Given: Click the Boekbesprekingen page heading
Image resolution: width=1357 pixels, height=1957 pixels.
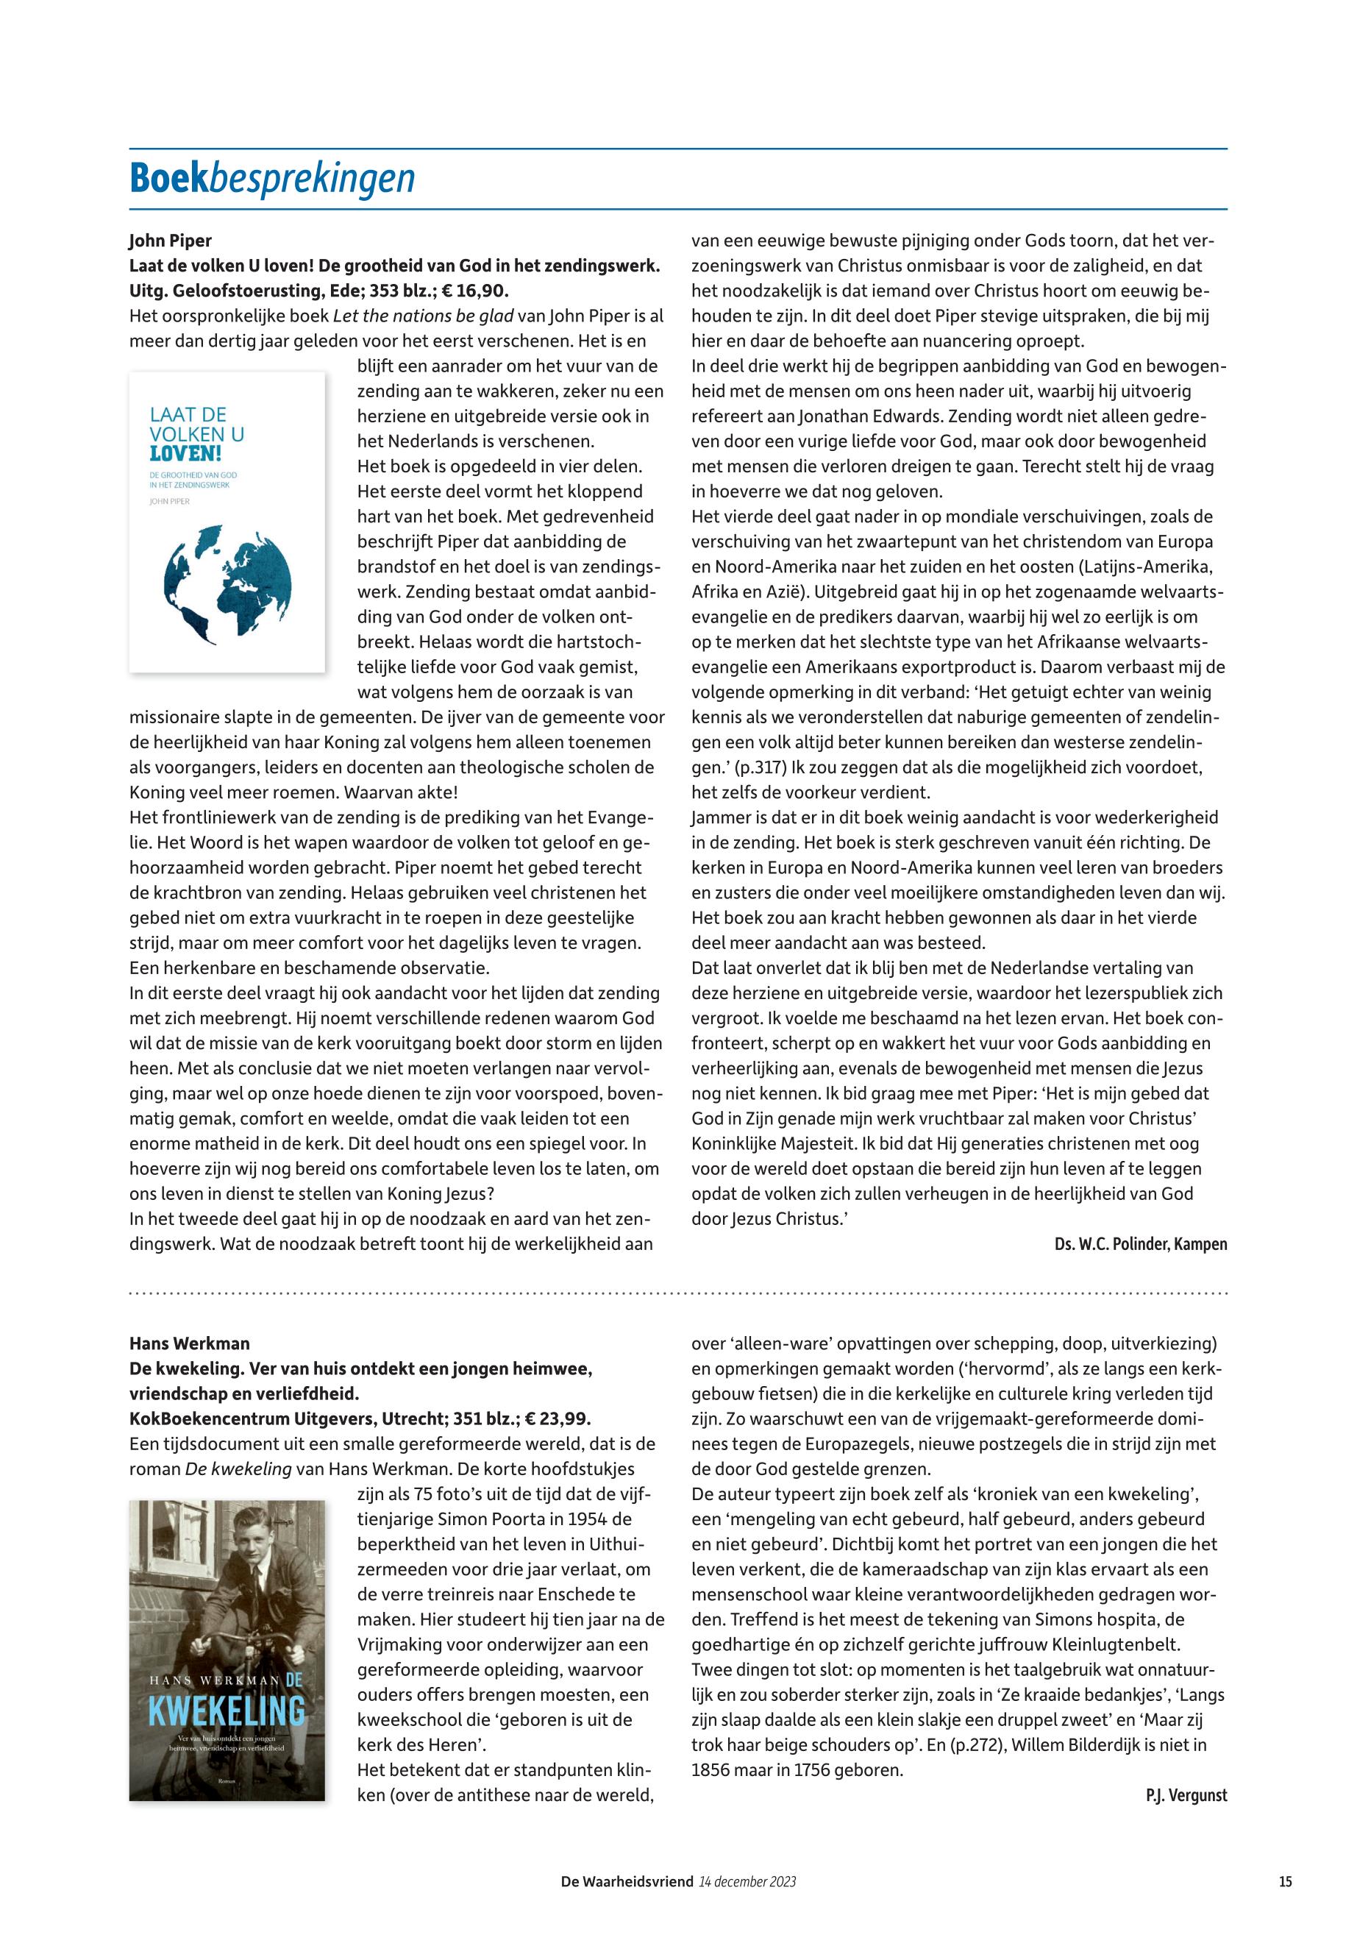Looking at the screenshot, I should pos(272,179).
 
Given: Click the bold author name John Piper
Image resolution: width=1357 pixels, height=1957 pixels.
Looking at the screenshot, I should pos(170,241).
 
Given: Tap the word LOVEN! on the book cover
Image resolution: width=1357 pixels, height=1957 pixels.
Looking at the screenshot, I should pos(185,452).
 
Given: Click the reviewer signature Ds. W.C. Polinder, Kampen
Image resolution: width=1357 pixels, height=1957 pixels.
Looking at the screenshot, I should pos(1140,1244).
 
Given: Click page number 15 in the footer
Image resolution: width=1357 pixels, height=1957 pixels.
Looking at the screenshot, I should pos(1285,1882).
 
